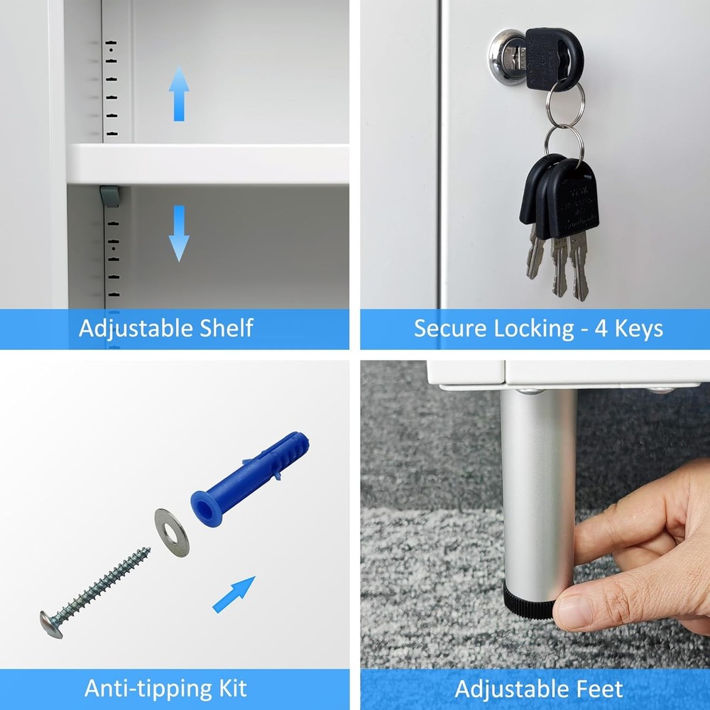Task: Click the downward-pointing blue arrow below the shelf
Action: pos(179,233)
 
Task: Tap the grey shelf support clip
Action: pos(109,196)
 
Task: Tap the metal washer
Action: pos(172,532)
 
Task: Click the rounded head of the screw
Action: pos(51,623)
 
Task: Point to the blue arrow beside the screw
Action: pos(234,594)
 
